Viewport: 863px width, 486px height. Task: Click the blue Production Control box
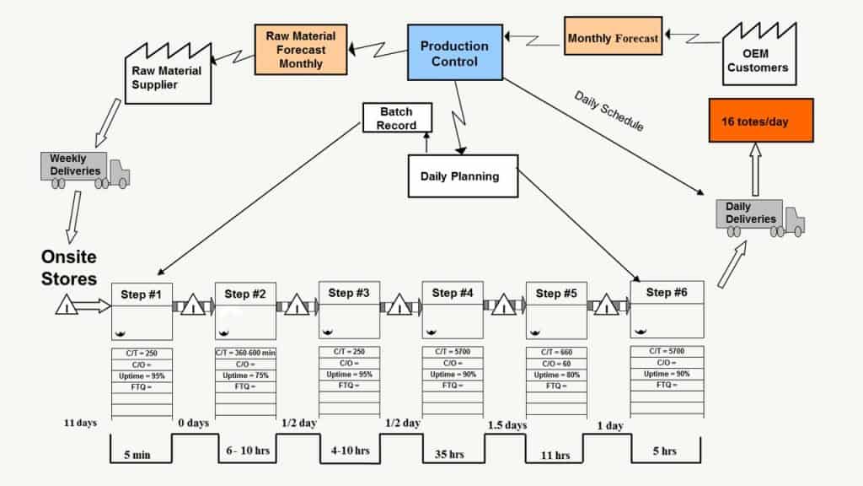click(454, 53)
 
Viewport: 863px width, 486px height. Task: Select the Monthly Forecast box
click(613, 37)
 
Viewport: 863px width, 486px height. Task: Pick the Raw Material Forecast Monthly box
click(300, 49)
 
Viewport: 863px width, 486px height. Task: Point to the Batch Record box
click(397, 118)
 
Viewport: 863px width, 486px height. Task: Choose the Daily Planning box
click(462, 175)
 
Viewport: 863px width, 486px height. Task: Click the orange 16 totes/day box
click(760, 121)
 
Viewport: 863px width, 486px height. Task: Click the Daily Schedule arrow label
click(608, 111)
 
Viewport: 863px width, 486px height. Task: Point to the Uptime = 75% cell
click(245, 375)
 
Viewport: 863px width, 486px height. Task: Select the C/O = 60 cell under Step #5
click(556, 364)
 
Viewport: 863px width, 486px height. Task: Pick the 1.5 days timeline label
click(507, 424)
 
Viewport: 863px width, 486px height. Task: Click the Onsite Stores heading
click(70, 267)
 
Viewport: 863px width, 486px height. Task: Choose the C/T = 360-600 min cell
click(245, 353)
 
